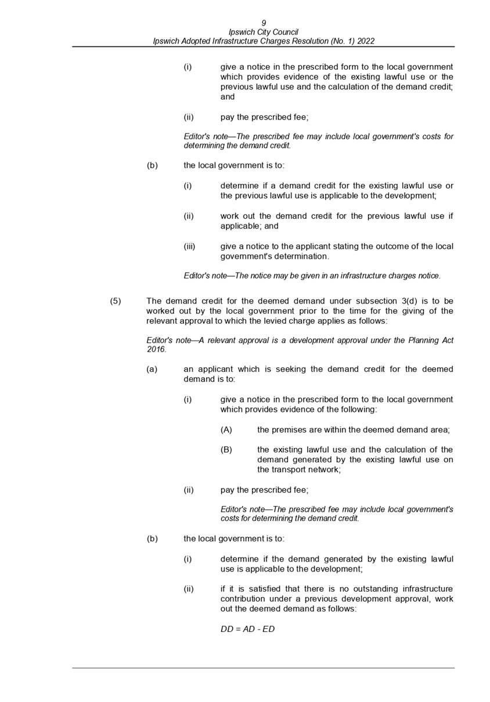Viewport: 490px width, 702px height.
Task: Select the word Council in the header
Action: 284,32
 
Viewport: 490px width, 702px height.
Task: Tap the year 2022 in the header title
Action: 365,41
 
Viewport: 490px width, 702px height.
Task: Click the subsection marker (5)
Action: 116,301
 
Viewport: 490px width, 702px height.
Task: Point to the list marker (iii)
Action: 189,246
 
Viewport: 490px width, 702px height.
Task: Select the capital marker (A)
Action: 226,430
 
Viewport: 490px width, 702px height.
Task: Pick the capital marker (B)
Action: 226,450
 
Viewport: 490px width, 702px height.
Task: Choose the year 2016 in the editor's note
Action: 156,350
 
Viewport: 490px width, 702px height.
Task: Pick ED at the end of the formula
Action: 268,629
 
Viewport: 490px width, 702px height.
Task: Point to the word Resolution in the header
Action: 309,41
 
